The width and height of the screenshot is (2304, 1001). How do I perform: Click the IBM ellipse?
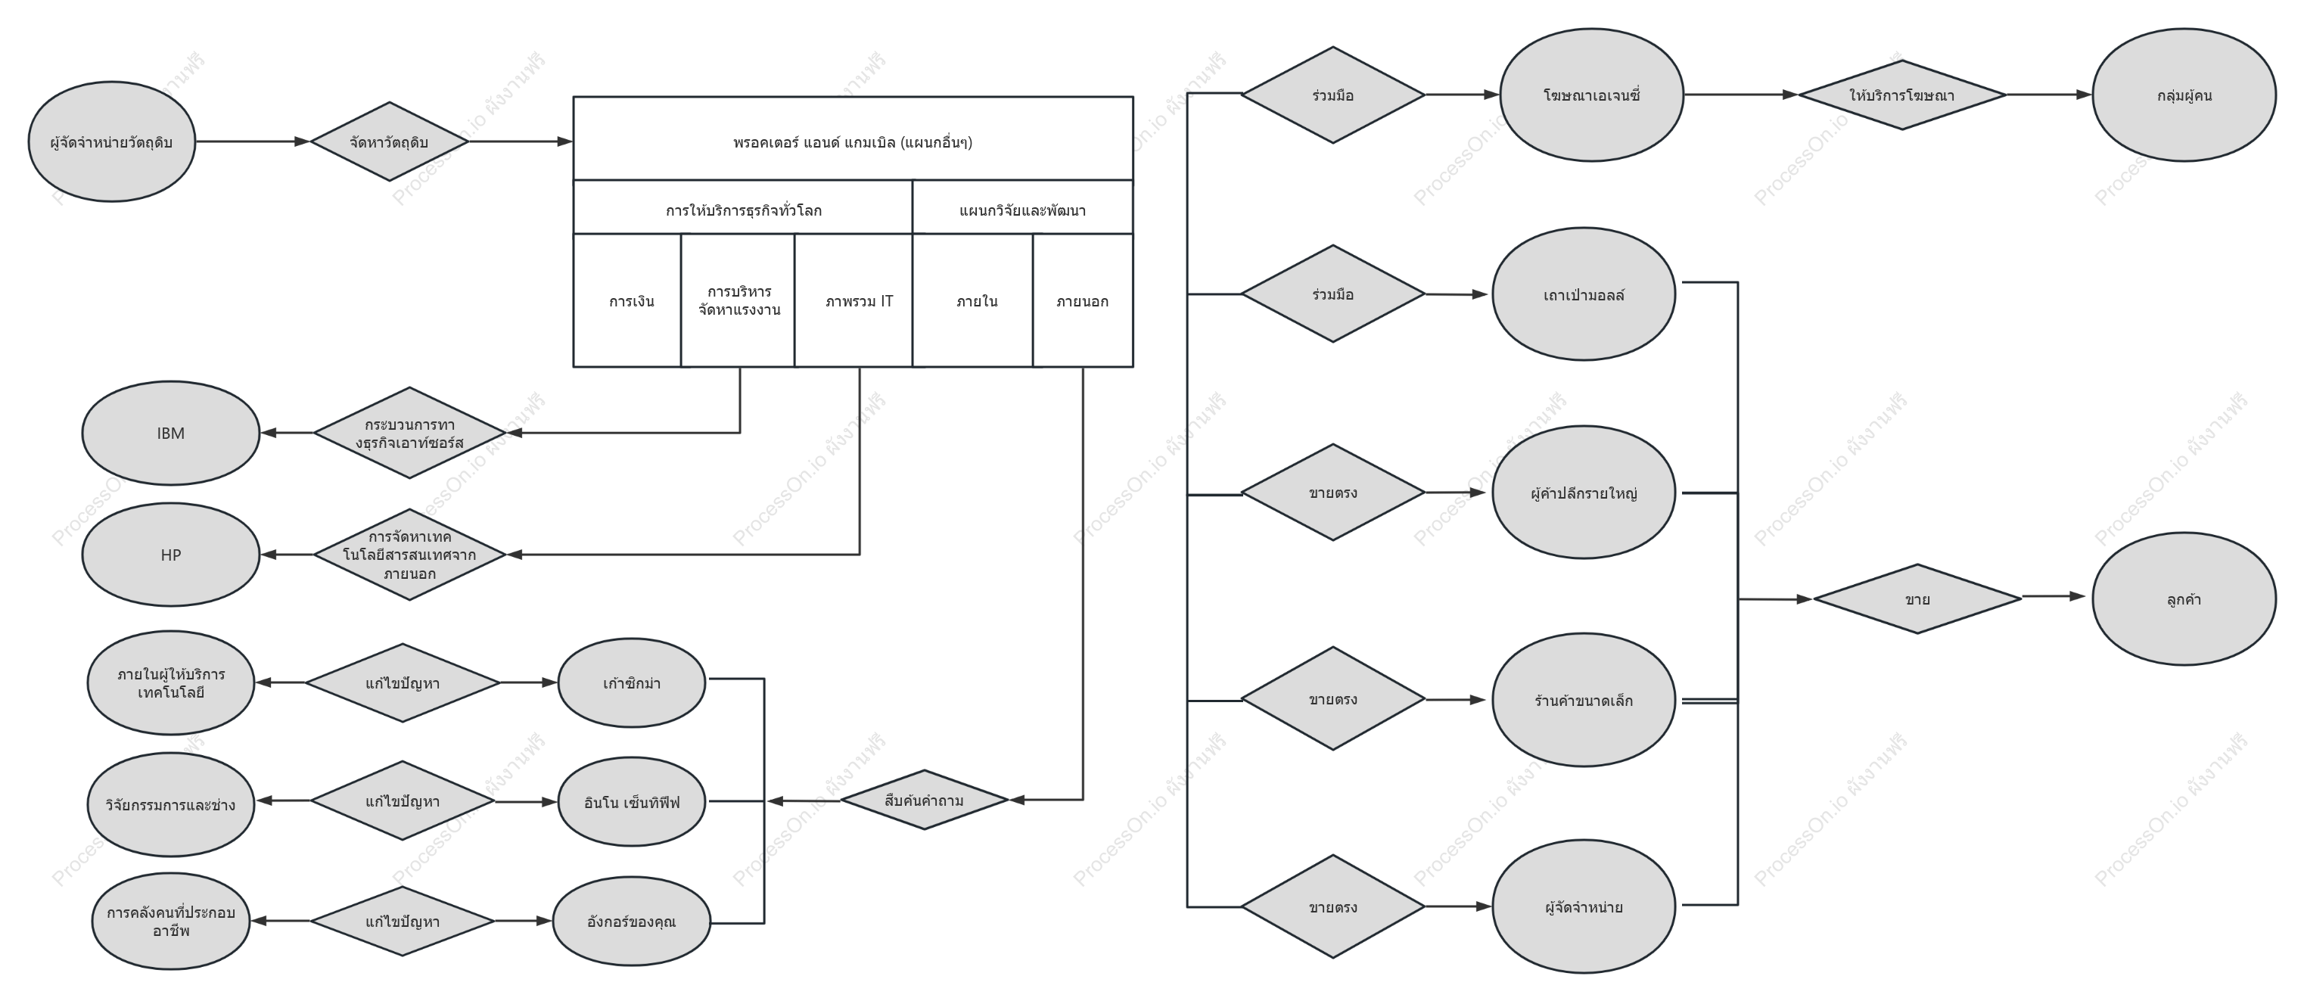171,433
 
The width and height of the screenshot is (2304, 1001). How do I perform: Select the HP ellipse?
171,555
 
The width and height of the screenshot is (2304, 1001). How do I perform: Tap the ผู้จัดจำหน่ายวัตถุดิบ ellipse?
112,141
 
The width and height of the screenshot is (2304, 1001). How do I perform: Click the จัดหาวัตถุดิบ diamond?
389,141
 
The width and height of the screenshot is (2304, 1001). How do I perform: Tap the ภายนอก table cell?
1083,300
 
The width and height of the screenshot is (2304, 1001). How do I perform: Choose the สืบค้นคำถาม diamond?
924,800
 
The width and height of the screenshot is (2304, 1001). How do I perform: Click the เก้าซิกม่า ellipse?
632,683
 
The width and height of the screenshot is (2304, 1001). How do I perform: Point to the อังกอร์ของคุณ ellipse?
632,922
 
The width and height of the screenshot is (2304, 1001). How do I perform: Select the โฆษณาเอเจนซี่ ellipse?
1591,95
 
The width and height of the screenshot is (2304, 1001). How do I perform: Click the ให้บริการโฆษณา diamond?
1901,95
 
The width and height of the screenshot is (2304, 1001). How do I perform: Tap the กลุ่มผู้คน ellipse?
2184,95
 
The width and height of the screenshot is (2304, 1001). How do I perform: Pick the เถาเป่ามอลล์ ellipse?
1584,294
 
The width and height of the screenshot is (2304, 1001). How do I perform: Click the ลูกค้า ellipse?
2184,598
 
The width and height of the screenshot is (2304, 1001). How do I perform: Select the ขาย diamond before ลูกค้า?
1917,598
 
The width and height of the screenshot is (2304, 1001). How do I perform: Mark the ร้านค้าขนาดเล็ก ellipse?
1584,700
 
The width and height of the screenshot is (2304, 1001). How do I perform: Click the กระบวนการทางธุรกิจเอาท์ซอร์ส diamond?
409,433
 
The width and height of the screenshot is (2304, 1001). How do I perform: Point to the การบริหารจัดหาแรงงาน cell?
738,300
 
